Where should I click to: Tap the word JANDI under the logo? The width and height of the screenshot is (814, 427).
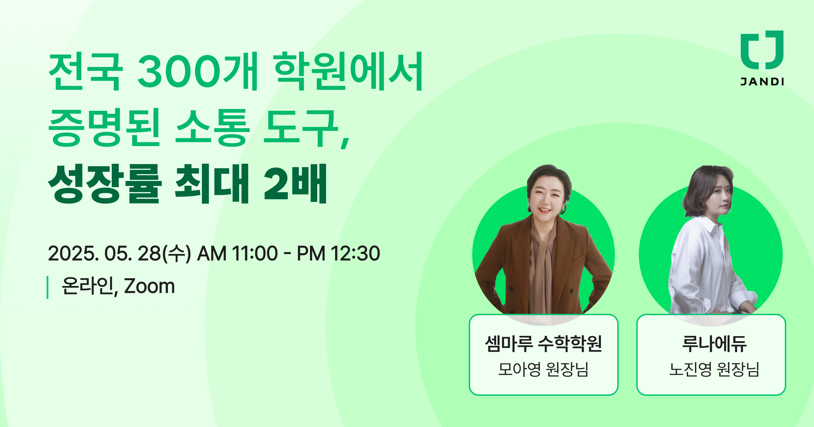762,82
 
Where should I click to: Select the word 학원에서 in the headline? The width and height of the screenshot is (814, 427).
349,72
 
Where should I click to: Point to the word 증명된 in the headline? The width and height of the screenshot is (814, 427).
104,128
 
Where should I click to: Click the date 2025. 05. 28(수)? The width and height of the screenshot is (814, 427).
119,253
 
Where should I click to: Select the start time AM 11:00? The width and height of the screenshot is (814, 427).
237,253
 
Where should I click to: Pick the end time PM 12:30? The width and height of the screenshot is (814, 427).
338,253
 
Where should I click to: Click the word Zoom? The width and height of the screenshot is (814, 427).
149,286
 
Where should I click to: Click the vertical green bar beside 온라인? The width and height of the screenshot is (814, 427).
47,287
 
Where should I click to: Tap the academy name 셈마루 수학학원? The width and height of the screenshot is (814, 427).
543,344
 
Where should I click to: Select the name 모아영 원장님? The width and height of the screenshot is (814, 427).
543,369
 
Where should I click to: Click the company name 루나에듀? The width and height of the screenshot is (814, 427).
714,344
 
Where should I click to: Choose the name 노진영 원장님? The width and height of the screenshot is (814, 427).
714,369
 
